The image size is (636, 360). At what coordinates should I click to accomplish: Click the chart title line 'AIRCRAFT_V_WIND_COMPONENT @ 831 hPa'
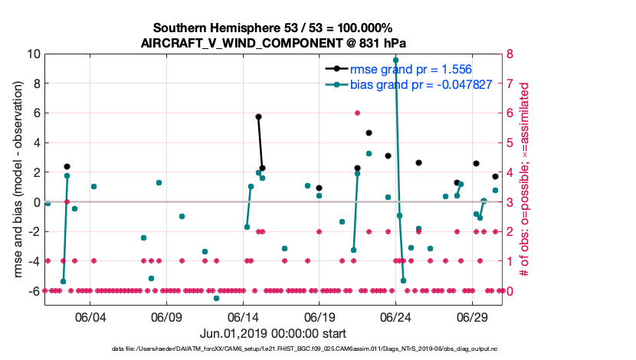point(274,44)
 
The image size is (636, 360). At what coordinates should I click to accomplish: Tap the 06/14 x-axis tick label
point(243,317)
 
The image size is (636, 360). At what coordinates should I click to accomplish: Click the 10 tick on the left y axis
point(33,54)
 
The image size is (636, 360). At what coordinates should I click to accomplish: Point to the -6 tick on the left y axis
point(34,291)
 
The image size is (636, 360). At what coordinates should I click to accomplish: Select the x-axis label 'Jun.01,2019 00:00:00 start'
point(274,334)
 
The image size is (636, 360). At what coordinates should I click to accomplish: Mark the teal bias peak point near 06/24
point(395,60)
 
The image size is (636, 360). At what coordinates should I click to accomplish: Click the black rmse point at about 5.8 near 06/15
point(258,116)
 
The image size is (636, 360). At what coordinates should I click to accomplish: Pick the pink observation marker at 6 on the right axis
point(357,113)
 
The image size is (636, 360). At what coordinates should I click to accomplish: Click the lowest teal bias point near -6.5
point(216,298)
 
